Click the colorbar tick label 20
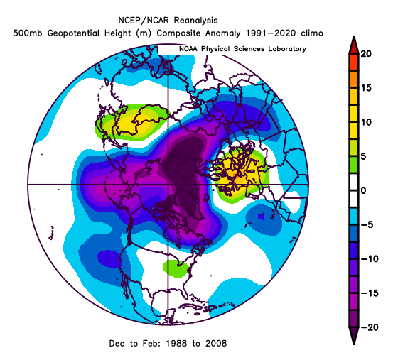366,54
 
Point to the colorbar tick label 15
366,88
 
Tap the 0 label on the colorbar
363,190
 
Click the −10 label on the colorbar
370,259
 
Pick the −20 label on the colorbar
370,327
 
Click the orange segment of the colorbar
354,80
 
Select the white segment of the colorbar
354,190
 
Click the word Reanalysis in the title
195,21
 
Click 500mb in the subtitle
28,33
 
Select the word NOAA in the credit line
188,49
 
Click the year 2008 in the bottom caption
216,343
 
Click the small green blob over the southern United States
176,268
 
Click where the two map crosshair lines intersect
168,185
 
